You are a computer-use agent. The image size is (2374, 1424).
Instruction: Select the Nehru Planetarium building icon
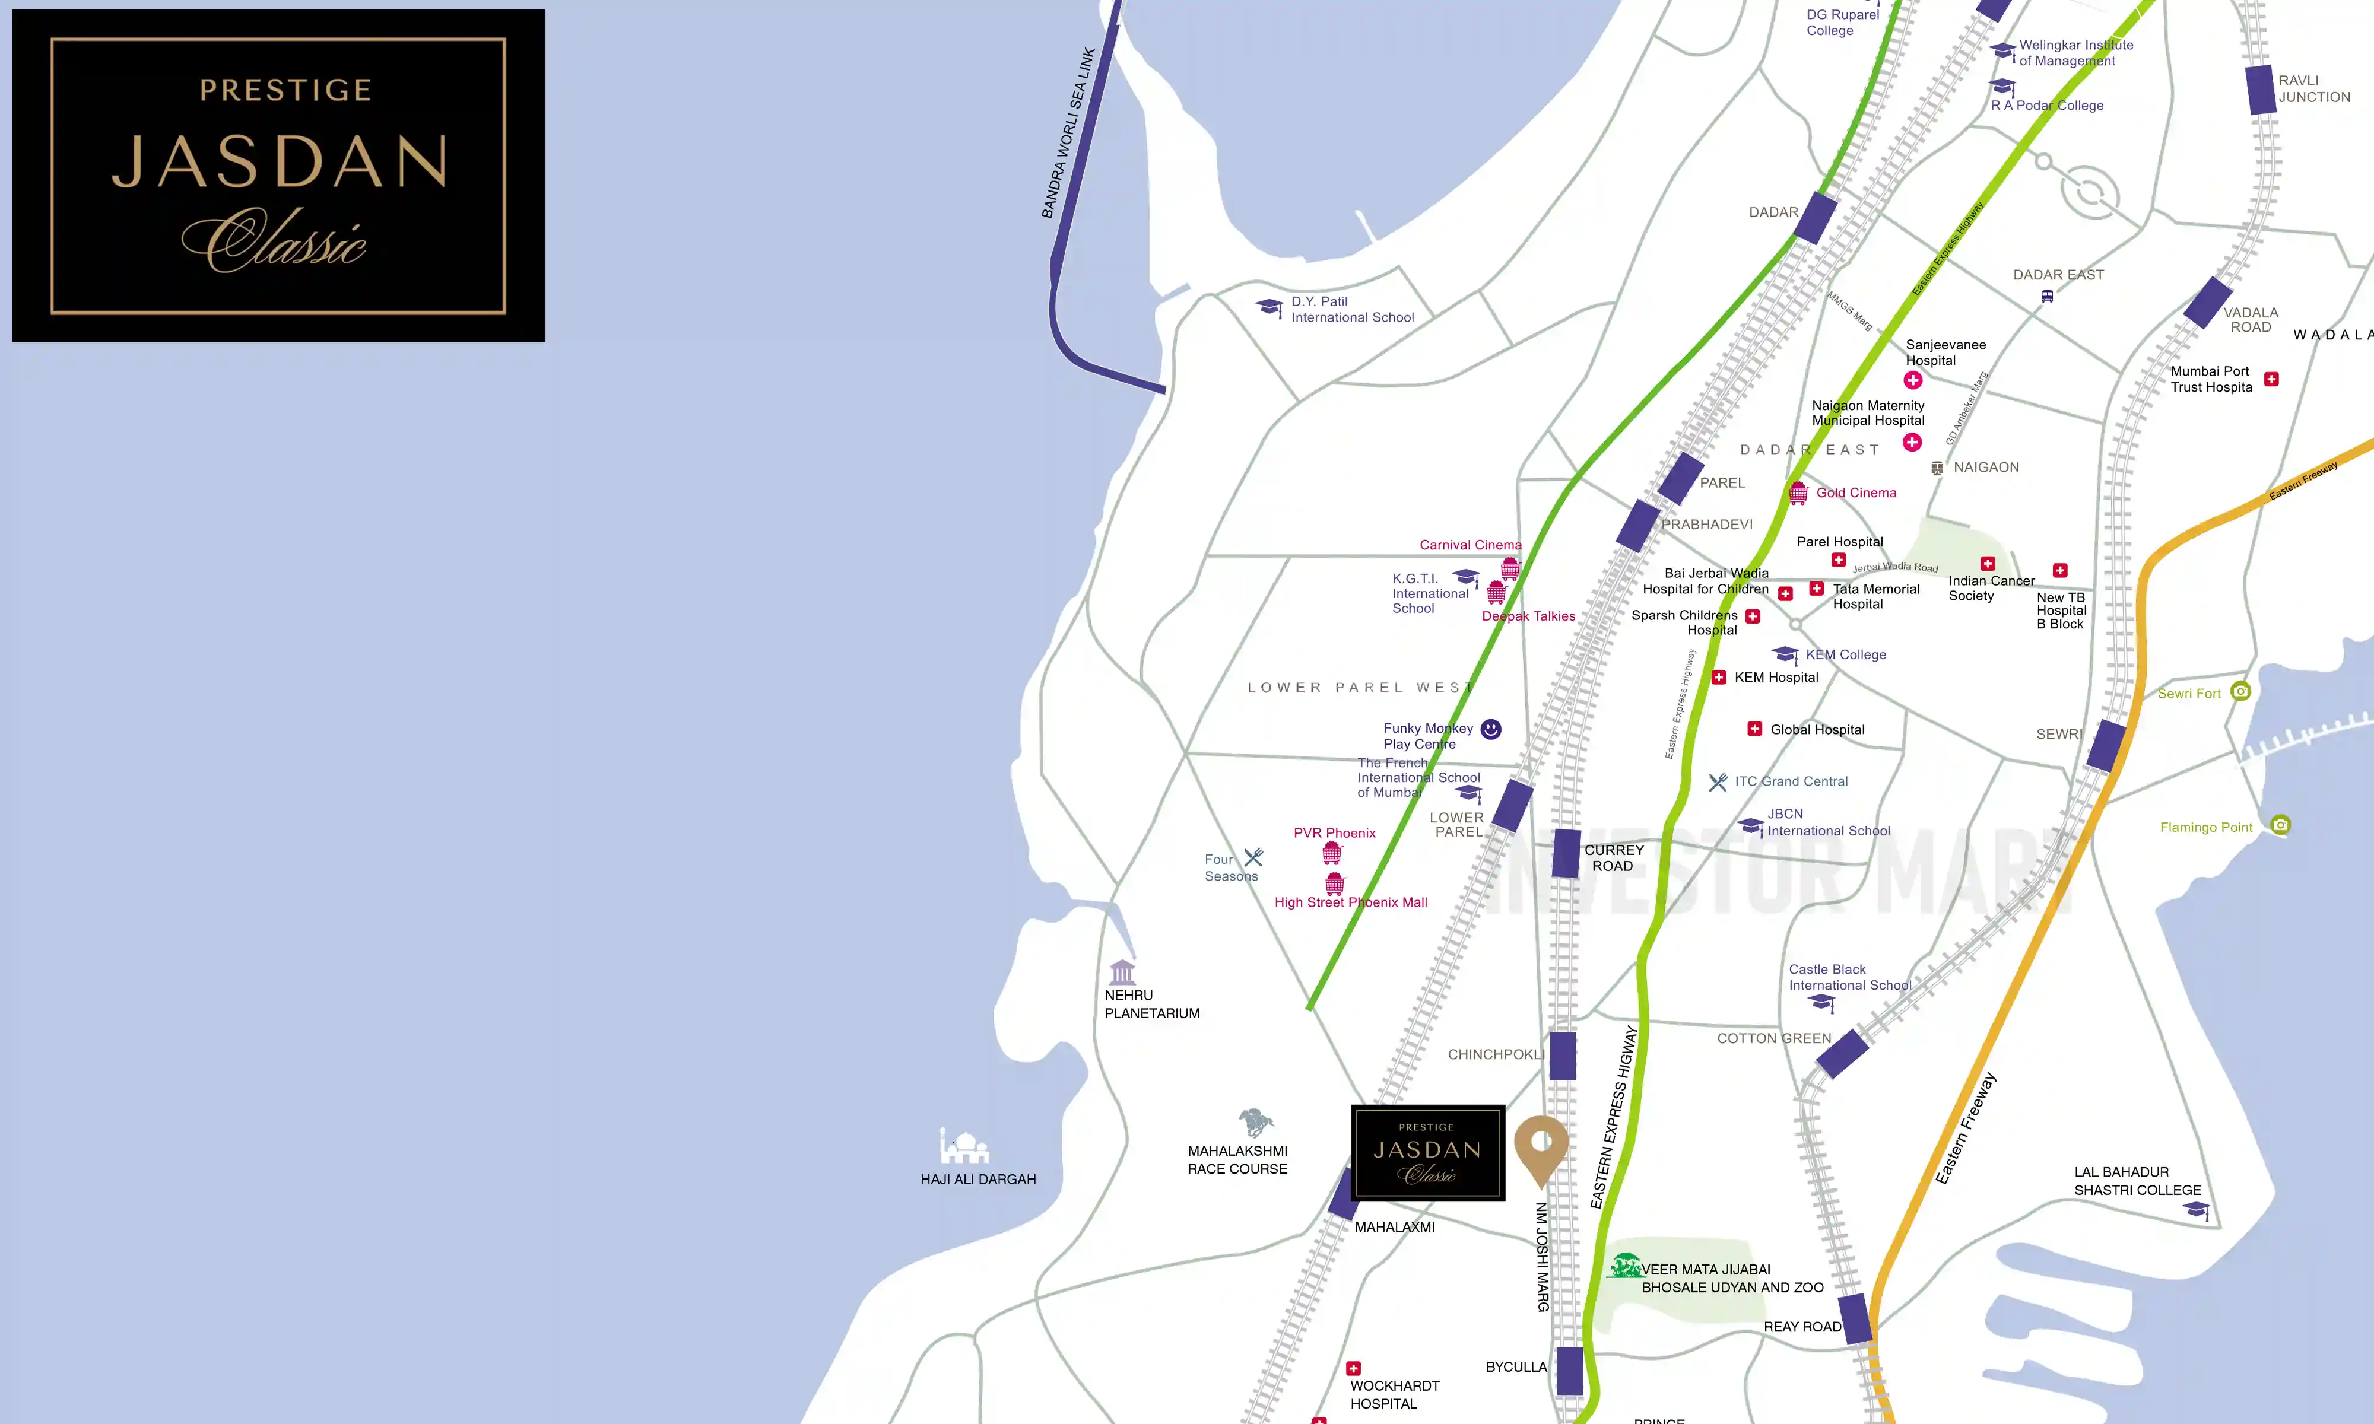(1122, 971)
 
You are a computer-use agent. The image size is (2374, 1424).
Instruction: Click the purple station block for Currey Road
(1566, 853)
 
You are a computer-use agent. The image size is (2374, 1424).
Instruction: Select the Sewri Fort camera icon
(2240, 691)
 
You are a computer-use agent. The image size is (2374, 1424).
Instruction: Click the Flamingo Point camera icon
(2281, 824)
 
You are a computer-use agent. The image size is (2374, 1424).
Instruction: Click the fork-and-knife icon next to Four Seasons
(1253, 857)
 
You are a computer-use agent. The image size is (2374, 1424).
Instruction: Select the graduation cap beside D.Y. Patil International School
(1269, 307)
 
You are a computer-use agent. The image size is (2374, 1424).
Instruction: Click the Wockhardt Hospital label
(1394, 1394)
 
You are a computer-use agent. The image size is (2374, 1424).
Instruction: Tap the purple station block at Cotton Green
(1842, 1054)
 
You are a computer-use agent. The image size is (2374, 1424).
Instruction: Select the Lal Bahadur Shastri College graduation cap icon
(2197, 1210)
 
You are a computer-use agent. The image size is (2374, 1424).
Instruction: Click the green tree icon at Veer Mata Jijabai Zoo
(1624, 1267)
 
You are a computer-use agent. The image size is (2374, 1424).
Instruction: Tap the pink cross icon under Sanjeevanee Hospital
(1912, 380)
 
